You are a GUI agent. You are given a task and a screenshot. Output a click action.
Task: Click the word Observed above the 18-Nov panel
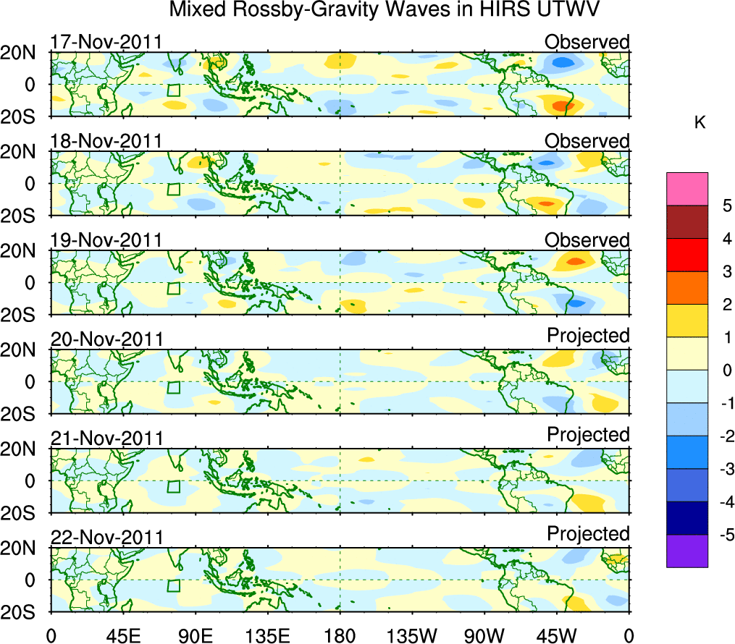[x=587, y=141]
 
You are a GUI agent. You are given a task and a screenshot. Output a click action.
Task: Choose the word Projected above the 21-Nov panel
[x=588, y=435]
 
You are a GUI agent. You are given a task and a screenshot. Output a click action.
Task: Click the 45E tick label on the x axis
[x=122, y=635]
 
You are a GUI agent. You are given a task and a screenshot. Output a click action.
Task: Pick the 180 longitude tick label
[x=340, y=635]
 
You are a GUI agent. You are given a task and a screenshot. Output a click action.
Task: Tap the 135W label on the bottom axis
[x=413, y=635]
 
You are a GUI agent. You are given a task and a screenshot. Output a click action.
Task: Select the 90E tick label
[x=195, y=635]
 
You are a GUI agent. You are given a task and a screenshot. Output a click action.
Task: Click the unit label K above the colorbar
[x=700, y=123]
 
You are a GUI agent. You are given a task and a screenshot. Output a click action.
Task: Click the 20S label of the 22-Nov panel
[x=24, y=612]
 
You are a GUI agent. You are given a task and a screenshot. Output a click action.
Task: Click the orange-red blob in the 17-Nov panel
[x=563, y=106]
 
